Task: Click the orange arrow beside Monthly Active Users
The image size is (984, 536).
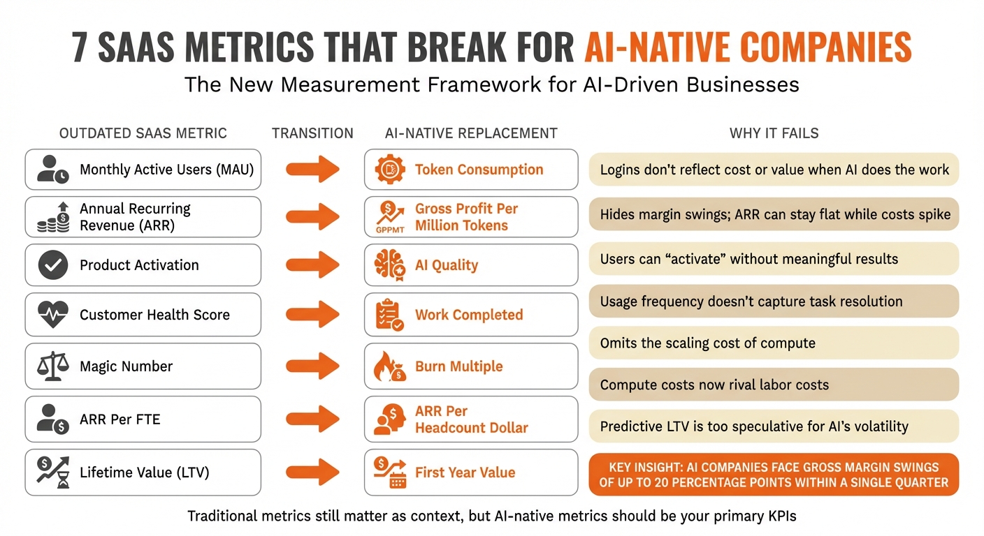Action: coord(312,170)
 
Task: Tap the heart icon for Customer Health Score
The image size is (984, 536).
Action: coord(53,315)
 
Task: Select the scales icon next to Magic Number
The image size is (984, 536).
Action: coord(53,366)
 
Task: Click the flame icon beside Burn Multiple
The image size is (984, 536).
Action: coord(390,366)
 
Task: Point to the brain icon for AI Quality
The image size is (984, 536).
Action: coord(390,265)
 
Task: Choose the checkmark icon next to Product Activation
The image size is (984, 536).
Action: coord(53,265)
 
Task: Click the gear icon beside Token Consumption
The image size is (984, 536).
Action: coord(390,170)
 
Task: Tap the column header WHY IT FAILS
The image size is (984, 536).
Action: coord(774,133)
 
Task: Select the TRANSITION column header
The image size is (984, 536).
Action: coord(312,133)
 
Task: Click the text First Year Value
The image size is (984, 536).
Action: coord(465,472)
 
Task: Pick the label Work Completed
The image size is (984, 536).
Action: coord(468,315)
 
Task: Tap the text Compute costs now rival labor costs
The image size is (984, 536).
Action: coord(714,385)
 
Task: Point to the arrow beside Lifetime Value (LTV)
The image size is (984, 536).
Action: coord(312,472)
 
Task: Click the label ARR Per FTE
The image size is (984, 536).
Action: coord(120,419)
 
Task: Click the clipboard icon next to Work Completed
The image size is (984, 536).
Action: coord(390,315)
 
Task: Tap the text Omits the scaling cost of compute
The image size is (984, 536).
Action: coord(707,343)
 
